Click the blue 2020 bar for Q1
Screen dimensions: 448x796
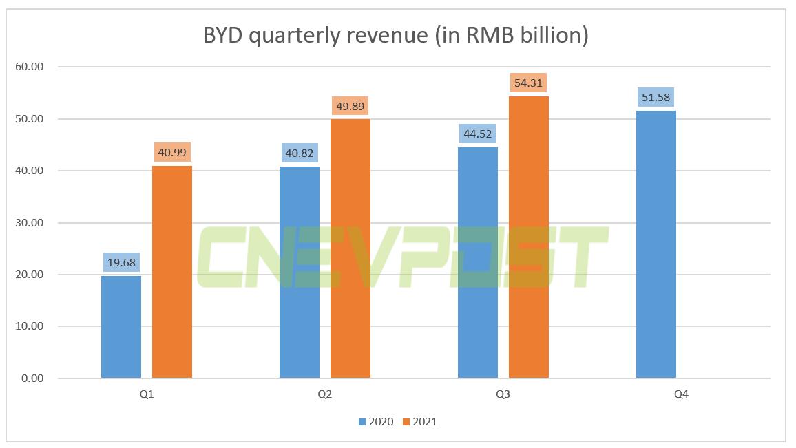121,327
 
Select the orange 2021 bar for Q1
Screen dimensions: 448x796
172,272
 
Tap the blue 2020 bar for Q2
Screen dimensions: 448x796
300,273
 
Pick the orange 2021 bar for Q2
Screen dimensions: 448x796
350,248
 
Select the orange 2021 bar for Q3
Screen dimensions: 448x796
529,237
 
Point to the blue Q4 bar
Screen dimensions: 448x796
656,244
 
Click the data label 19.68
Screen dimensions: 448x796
122,262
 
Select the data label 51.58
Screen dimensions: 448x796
656,97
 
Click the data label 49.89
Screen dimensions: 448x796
350,106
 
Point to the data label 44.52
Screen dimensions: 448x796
478,134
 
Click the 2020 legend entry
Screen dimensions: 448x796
376,421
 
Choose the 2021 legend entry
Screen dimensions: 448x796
419,421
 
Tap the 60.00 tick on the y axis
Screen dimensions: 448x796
28,67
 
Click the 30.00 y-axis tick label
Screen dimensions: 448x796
28,223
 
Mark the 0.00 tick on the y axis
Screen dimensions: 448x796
31,378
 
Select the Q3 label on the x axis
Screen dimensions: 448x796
503,395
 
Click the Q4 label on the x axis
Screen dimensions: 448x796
682,395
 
